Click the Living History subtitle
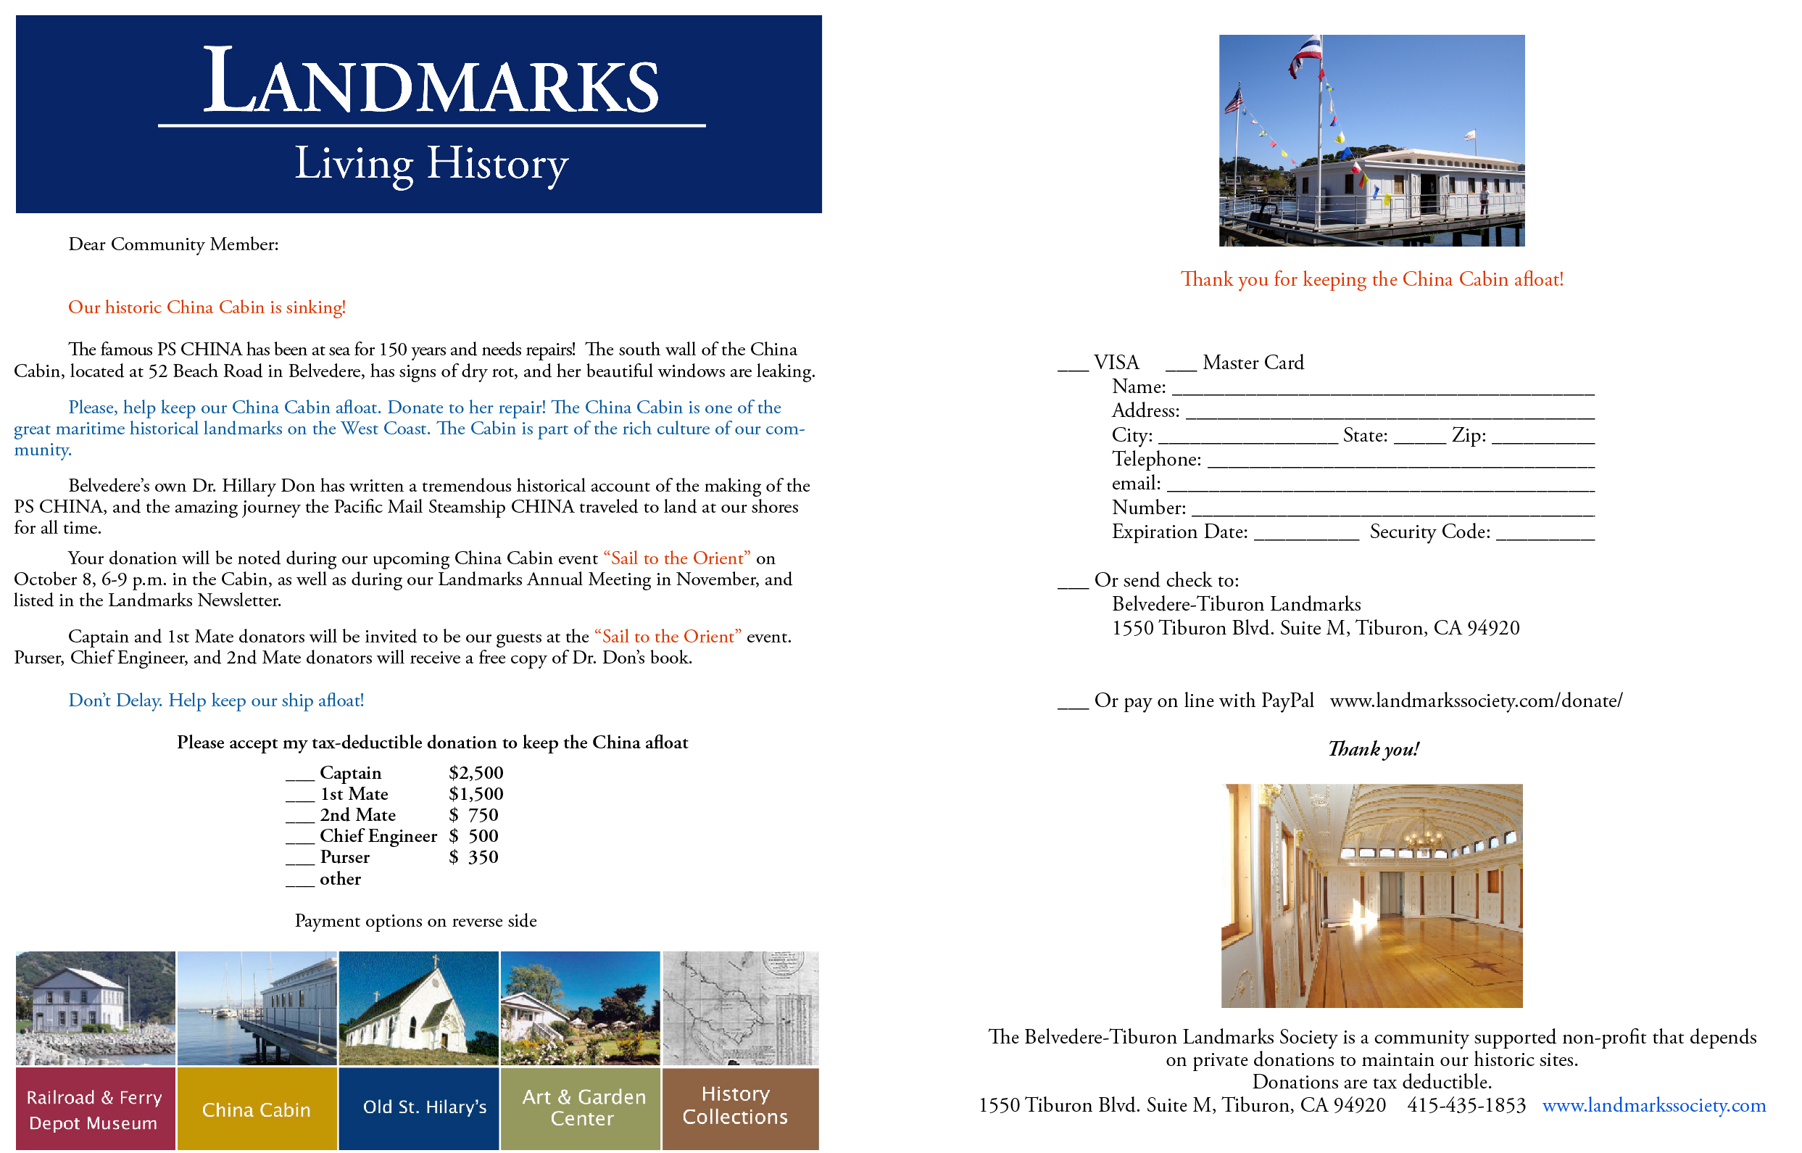(x=431, y=163)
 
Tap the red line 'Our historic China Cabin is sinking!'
(x=207, y=307)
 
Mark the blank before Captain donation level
(x=299, y=780)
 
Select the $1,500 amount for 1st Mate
(x=476, y=794)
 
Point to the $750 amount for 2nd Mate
(x=474, y=815)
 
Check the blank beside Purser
(x=299, y=863)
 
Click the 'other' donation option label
(x=340, y=879)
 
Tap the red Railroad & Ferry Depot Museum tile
(x=95, y=1109)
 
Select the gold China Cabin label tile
(x=257, y=1109)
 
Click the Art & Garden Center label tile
(x=581, y=1108)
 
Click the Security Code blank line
(x=1545, y=537)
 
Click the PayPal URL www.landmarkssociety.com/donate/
(x=1476, y=701)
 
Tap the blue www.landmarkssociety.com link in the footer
(x=1654, y=1106)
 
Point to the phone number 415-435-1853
(x=1465, y=1106)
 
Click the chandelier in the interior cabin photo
(x=1424, y=838)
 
